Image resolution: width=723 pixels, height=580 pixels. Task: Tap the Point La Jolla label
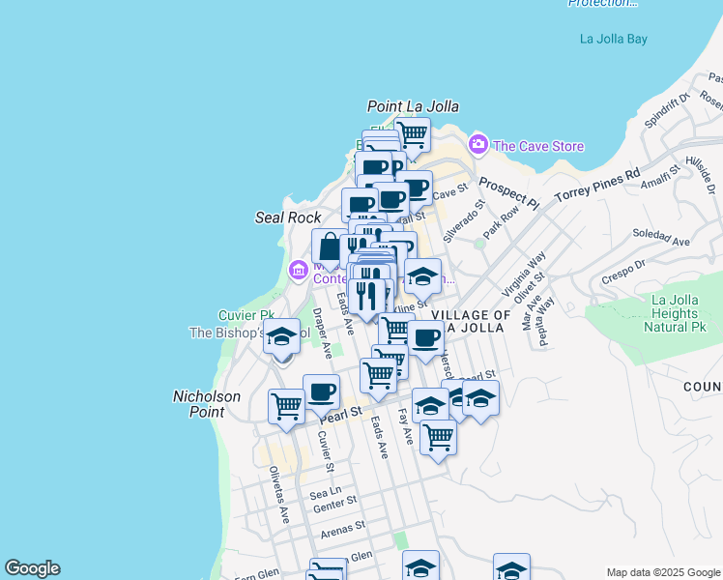413,106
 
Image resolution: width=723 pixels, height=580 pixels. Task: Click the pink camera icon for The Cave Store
477,146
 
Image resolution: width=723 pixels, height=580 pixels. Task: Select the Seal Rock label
281,217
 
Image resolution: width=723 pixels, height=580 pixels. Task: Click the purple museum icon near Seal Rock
298,268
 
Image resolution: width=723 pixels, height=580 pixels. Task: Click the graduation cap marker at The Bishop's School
281,337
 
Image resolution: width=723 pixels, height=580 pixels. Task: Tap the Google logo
32,568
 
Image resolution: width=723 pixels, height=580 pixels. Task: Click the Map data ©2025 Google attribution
663,572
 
